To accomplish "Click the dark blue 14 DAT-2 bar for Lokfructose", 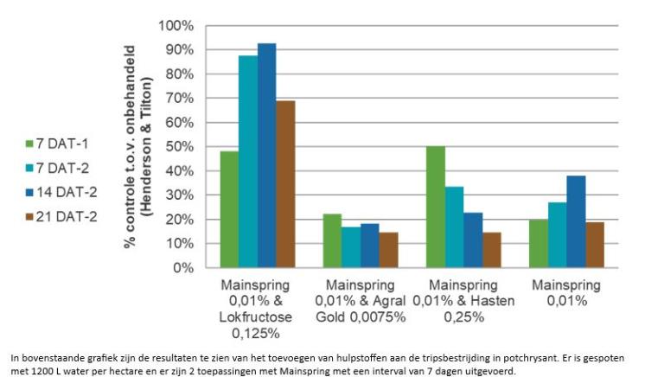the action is [267, 156].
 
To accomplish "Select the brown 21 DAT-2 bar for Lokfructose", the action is [285, 184].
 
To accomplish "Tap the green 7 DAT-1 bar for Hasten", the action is [436, 208].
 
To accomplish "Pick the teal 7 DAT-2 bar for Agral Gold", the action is [351, 247].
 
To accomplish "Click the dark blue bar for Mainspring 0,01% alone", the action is [576, 222].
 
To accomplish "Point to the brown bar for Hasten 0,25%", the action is [492, 250].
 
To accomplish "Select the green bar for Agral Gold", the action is [332, 241].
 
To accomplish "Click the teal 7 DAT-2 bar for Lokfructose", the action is [248, 162].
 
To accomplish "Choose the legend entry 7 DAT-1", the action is [57, 144].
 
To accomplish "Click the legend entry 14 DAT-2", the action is [61, 192].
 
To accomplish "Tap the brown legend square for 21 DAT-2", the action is [29, 217].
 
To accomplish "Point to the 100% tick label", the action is [176, 26].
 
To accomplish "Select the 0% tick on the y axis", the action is [183, 268].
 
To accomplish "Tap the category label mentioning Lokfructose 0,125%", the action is [255, 310].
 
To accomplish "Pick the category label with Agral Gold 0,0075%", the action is [361, 301].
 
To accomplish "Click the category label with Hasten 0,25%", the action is [463, 301].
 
